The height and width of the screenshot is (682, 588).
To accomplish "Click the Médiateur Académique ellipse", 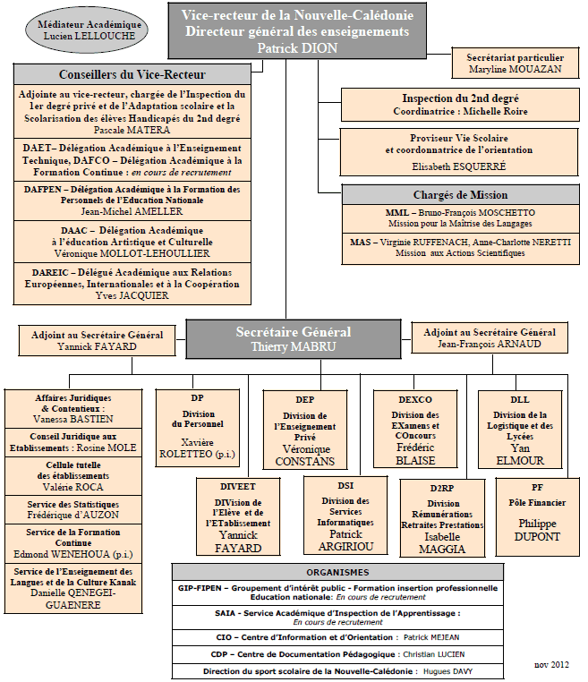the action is point(87,30).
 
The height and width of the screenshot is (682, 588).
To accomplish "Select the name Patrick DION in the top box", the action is point(297,47).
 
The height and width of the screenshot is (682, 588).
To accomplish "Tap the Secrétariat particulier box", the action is point(516,63).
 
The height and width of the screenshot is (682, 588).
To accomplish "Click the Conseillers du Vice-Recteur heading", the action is point(132,74).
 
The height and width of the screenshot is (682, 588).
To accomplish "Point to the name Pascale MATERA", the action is point(132,130).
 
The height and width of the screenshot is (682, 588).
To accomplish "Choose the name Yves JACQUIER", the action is point(132,295).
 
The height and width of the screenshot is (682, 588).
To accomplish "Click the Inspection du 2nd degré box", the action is point(460,105).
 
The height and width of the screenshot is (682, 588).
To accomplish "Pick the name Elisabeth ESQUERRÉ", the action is point(459,166).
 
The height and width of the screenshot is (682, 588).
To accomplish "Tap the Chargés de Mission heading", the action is point(461,195).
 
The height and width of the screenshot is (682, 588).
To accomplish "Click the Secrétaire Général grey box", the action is point(294,339).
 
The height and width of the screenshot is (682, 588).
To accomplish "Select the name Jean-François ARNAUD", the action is point(490,344).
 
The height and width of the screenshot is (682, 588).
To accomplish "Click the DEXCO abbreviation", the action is point(415,399).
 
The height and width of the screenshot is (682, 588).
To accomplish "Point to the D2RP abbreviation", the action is point(442,488).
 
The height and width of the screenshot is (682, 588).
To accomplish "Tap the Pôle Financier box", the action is point(538,517).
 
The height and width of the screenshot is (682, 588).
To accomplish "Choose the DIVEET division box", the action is point(238,516).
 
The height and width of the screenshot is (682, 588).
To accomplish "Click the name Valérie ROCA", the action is point(73,487).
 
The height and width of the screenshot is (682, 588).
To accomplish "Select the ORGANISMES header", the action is point(337,573).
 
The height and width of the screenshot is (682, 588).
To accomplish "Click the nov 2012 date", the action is point(551,665).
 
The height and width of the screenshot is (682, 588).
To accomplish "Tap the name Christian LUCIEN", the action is point(433,654).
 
